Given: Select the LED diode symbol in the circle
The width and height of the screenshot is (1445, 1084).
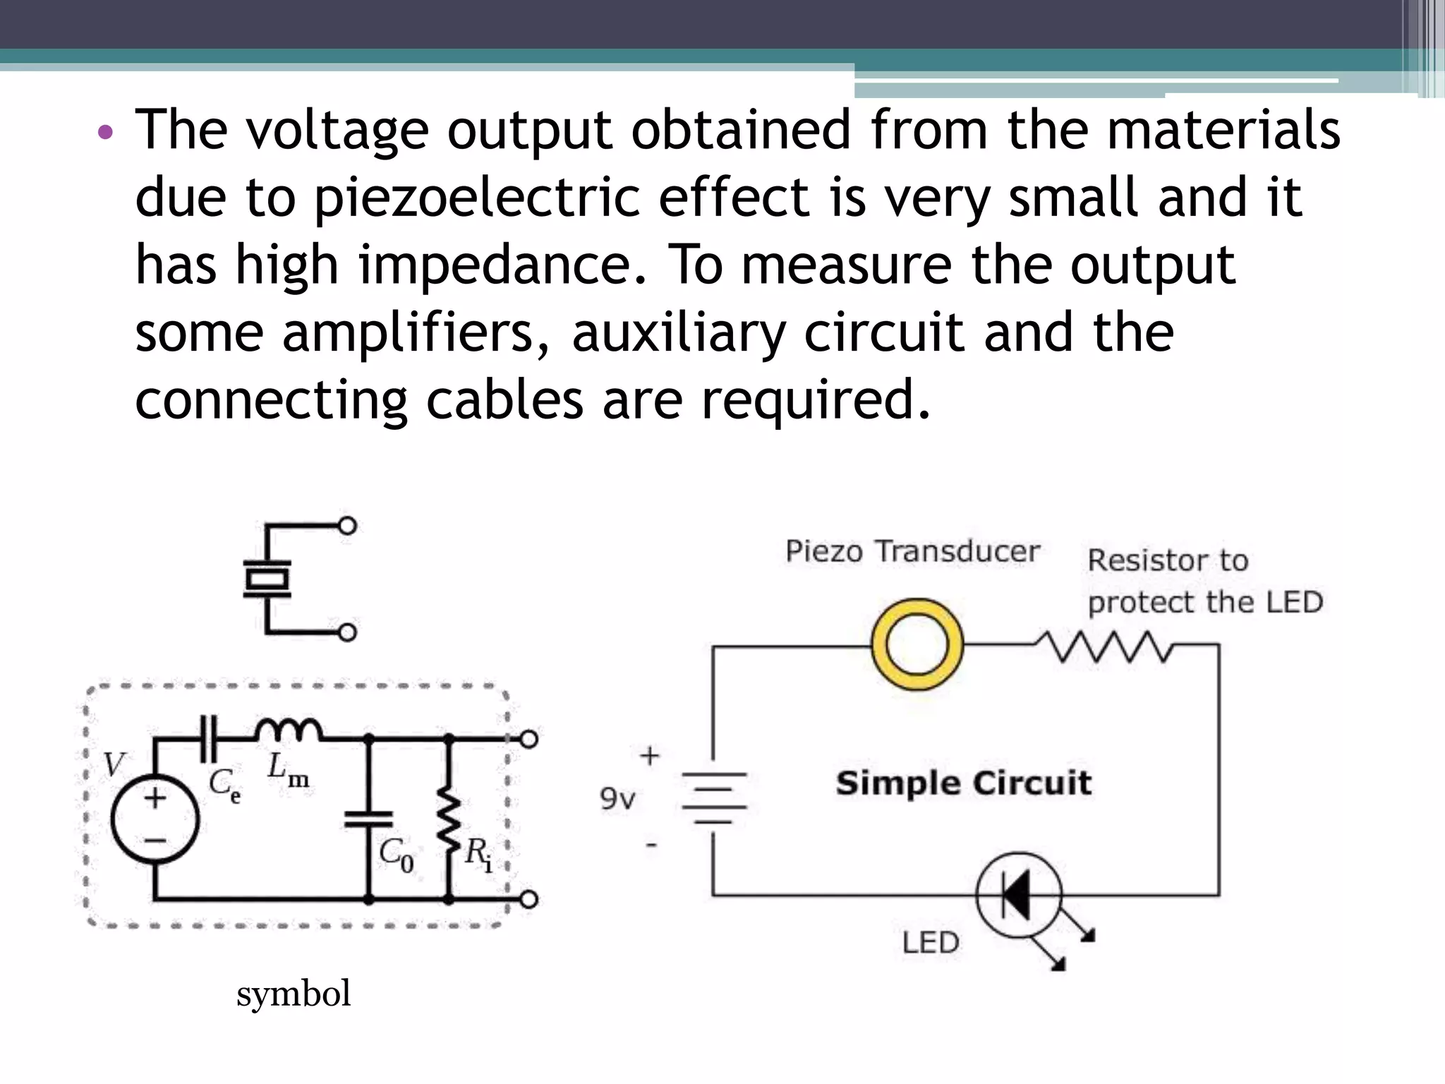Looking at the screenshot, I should (x=1018, y=895).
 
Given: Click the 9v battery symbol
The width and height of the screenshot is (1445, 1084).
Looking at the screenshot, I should (x=713, y=797).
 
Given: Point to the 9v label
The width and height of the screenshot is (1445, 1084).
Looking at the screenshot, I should (x=617, y=799).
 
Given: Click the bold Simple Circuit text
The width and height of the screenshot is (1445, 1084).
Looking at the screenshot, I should (x=963, y=783).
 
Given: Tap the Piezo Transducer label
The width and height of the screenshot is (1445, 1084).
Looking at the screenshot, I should (x=912, y=551).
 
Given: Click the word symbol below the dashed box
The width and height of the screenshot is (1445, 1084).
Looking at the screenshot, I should (x=293, y=994).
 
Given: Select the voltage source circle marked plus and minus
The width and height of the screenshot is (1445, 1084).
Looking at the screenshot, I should (x=155, y=819).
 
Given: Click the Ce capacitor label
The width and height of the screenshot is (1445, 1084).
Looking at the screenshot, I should (x=224, y=785).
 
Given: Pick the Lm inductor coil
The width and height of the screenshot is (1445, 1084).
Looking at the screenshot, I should (x=289, y=731).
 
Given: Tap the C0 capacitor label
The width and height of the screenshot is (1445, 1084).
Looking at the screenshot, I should (x=396, y=855).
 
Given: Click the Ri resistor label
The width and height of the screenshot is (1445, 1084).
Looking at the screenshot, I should (x=478, y=855).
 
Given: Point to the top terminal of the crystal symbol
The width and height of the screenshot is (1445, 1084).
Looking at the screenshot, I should (x=347, y=526).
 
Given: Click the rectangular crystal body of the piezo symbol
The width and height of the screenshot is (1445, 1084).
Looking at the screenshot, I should (x=267, y=579).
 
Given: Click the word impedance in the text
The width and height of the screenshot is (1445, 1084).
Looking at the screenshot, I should (x=494, y=265).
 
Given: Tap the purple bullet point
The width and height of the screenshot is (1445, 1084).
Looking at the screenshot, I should (x=105, y=132).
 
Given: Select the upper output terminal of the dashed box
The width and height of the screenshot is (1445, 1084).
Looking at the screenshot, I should (x=529, y=738).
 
